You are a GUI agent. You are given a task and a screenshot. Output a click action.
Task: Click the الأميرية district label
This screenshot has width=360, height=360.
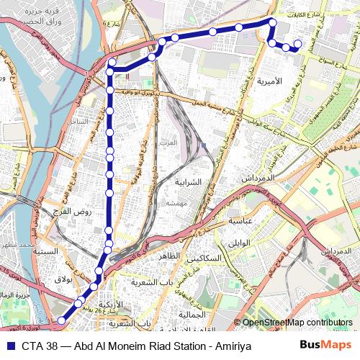pos(289,81)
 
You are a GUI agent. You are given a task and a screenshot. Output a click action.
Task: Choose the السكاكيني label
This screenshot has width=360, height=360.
pos(206,258)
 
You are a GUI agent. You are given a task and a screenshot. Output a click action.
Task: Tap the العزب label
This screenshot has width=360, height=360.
pos(168,142)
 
